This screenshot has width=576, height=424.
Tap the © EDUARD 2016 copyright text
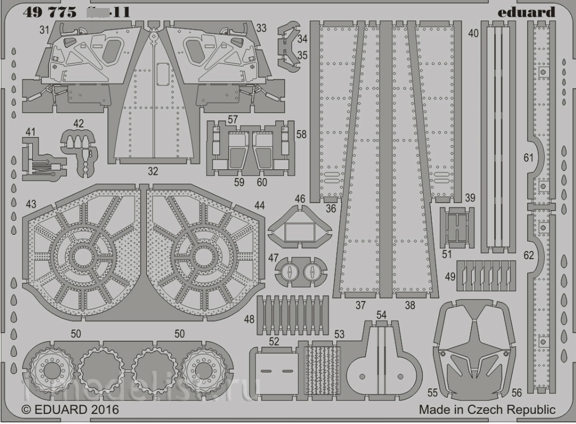tap(70, 409)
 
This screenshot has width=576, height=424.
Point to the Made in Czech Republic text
tap(487, 409)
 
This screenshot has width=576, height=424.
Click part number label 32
tap(153, 172)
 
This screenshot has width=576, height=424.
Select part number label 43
tap(31, 205)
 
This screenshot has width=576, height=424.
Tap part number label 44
tap(260, 205)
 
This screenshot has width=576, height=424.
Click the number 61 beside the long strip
tap(529, 157)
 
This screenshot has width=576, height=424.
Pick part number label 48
tap(249, 320)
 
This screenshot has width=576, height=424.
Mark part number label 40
tap(473, 33)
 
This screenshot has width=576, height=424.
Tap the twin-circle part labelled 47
tap(300, 272)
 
